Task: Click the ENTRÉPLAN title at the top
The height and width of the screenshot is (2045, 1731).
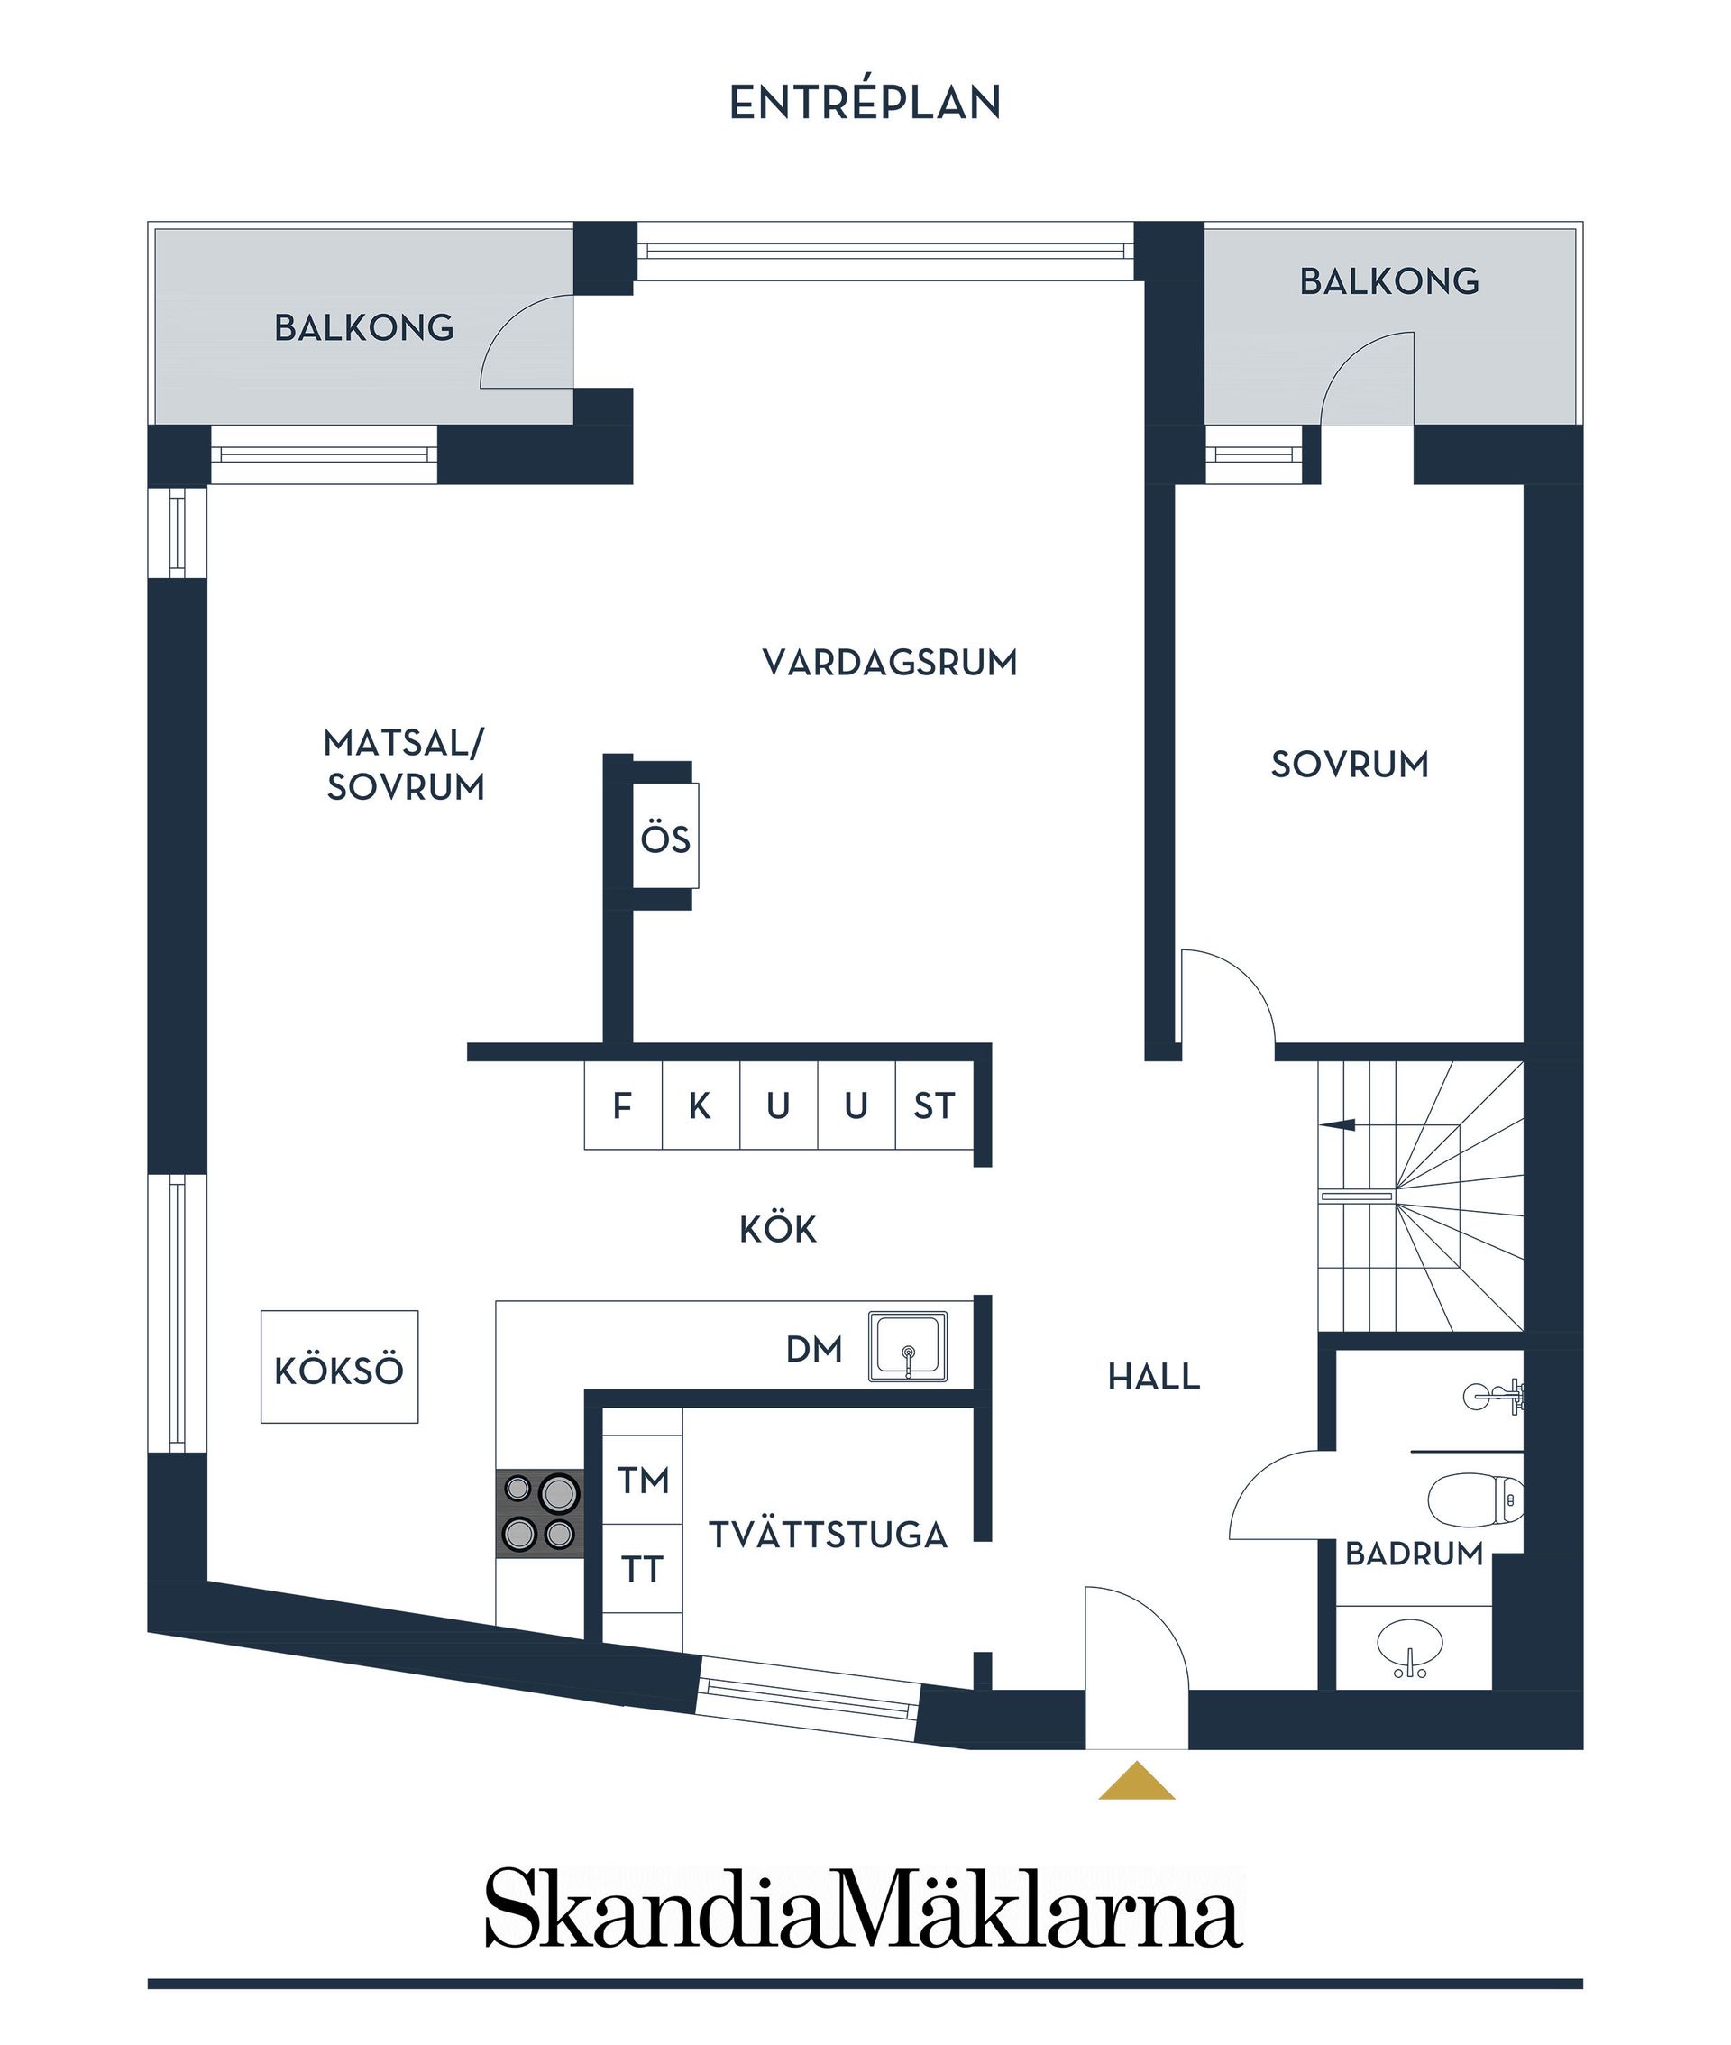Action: [x=865, y=103]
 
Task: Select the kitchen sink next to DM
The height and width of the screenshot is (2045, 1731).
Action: [x=908, y=1347]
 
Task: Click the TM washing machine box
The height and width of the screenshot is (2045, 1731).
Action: [x=642, y=1479]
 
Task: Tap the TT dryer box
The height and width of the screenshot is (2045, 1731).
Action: [x=642, y=1569]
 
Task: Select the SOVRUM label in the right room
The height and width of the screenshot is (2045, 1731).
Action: [x=1350, y=765]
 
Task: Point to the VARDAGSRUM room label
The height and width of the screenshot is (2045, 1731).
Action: [x=889, y=663]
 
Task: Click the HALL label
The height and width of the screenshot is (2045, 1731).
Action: [x=1154, y=1377]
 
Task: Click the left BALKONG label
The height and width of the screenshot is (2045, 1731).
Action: [x=364, y=327]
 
